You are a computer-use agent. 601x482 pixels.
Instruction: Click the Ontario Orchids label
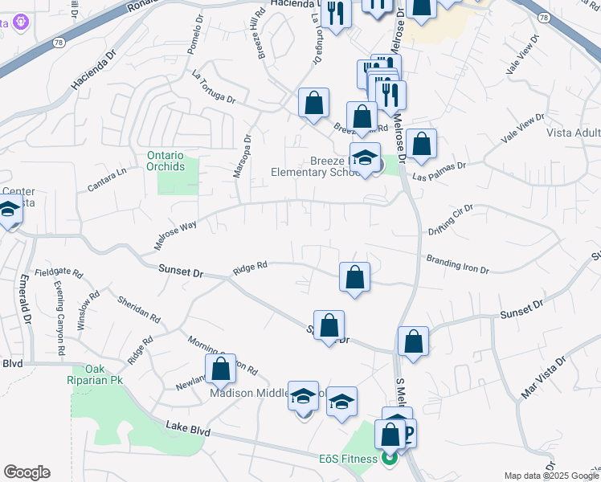point(166,161)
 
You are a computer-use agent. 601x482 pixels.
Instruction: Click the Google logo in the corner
point(27,472)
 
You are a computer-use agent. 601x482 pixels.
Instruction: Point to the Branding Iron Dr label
point(457,264)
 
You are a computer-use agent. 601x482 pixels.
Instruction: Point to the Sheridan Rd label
point(138,308)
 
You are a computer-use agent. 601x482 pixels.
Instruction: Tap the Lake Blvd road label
point(189,431)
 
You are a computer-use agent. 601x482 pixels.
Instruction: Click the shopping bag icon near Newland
point(221,370)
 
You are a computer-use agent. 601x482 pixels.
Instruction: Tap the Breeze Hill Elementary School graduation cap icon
point(365,157)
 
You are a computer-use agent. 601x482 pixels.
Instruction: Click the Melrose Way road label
point(176,236)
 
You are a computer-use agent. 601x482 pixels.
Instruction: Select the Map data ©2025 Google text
point(550,476)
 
